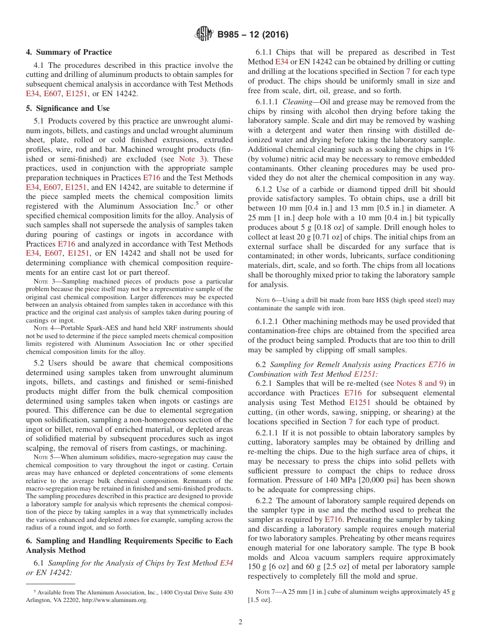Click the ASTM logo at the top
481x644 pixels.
[204, 34]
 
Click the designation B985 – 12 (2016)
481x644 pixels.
[253, 35]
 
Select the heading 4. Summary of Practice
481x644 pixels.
[69, 52]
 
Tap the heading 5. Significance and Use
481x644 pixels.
[68, 108]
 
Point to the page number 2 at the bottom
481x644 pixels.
[240, 622]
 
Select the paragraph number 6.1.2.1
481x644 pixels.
[267, 321]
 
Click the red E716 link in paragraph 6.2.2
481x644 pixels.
[334, 519]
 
